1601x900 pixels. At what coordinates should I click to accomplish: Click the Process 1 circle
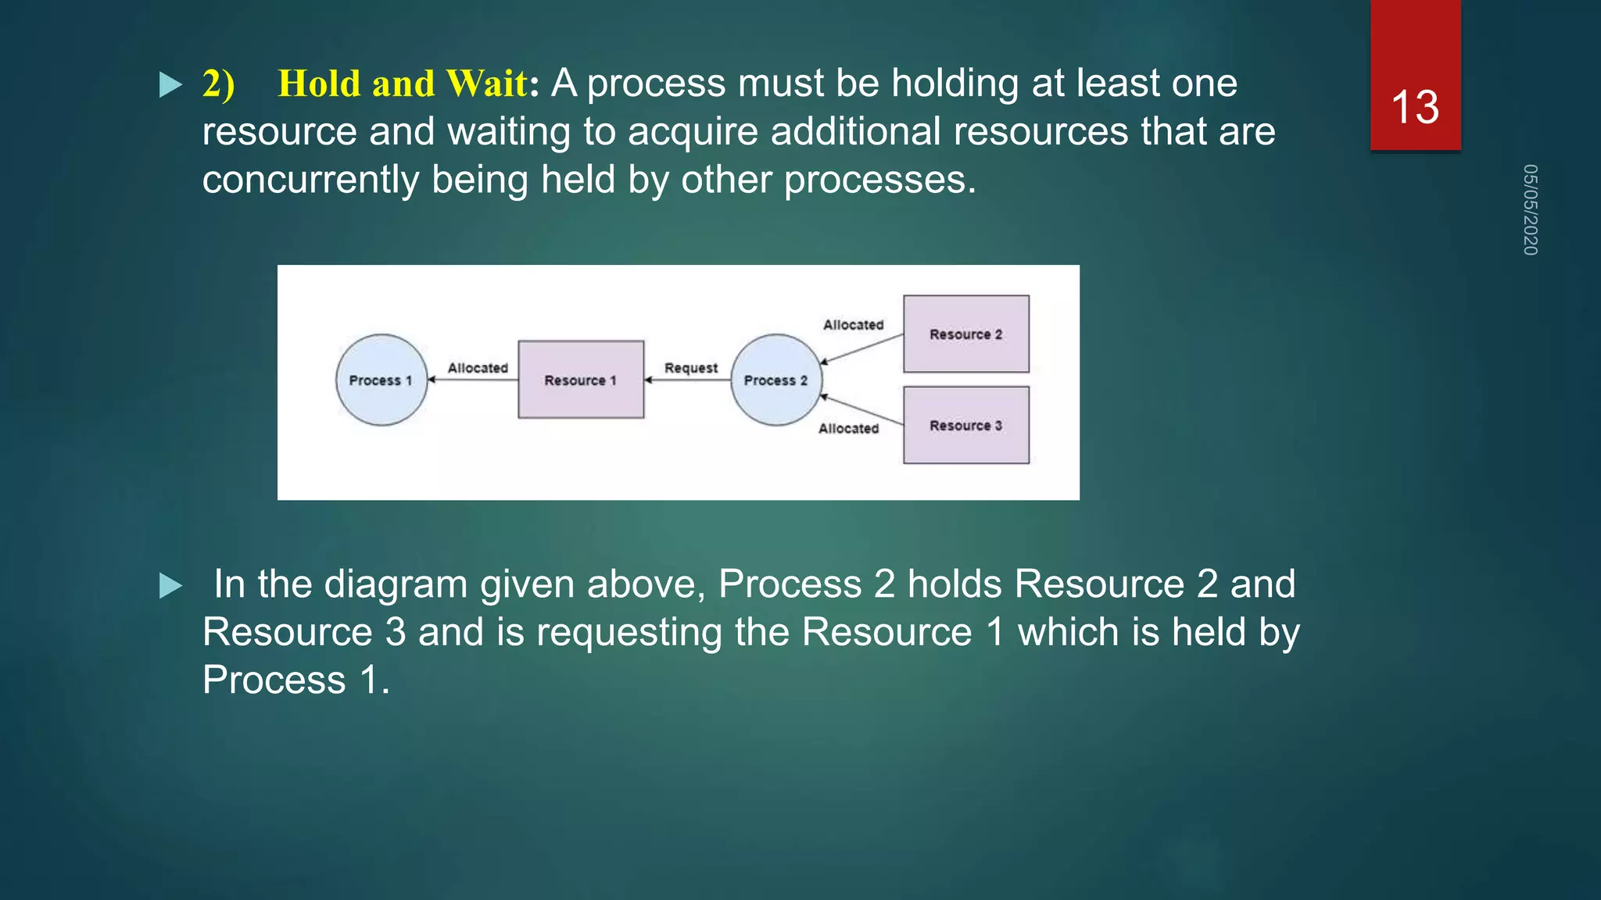tap(381, 380)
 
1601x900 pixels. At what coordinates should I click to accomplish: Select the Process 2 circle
tap(776, 380)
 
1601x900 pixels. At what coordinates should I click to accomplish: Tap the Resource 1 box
tap(581, 380)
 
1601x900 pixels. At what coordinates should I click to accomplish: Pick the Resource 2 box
tap(966, 334)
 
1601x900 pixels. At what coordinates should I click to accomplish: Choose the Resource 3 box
tap(966, 425)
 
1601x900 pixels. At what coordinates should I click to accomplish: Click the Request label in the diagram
tap(690, 368)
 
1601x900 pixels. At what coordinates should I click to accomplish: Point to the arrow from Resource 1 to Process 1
tap(473, 380)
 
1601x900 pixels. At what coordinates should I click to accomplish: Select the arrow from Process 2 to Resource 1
tap(688, 380)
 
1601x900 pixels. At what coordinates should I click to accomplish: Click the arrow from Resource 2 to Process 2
tap(861, 348)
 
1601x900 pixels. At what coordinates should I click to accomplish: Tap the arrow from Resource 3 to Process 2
tap(861, 410)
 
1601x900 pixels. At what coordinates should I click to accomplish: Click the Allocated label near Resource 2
tap(853, 325)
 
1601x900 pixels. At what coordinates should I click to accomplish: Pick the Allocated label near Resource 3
tap(848, 429)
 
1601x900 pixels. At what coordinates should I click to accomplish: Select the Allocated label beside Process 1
tap(478, 368)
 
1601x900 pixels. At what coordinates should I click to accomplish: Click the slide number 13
tap(1415, 107)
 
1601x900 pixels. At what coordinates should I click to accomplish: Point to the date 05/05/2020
tap(1530, 209)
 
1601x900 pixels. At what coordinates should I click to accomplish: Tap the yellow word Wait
tap(486, 84)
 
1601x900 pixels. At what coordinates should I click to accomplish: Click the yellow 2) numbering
tap(218, 84)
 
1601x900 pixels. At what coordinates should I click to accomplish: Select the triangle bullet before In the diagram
tap(170, 585)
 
